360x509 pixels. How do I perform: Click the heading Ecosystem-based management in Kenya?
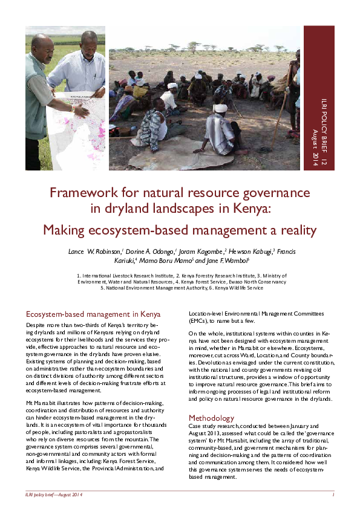point(93,315)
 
